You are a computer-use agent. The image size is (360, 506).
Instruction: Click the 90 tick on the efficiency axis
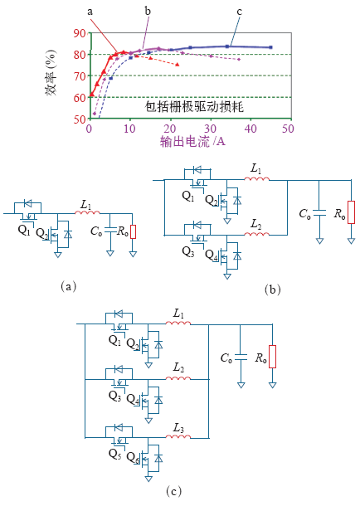[79, 33]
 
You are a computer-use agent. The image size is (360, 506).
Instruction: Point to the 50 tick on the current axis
[288, 129]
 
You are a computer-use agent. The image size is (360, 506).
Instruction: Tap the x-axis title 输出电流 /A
[192, 141]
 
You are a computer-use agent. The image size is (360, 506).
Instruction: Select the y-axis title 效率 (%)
[51, 73]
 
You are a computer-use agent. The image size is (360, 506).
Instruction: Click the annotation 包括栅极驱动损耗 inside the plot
[194, 107]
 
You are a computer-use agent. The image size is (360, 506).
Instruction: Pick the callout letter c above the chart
[239, 12]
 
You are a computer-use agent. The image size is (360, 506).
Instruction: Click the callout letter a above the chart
[90, 12]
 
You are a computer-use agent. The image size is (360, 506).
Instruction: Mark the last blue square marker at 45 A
[270, 47]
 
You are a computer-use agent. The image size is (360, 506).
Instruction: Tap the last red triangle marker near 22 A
[178, 65]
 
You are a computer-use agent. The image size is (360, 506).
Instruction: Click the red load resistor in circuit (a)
[133, 231]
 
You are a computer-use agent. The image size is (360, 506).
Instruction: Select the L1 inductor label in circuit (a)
[85, 205]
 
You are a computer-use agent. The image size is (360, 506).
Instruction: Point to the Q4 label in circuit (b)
[212, 255]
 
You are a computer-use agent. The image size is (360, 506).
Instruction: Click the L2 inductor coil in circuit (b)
[256, 234]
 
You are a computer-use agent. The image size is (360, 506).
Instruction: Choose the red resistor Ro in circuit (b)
[352, 212]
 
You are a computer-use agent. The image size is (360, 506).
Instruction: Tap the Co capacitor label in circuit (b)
[305, 214]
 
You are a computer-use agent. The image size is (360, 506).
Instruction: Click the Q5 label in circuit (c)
[115, 454]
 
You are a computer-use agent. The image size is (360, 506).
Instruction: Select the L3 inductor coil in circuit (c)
[178, 436]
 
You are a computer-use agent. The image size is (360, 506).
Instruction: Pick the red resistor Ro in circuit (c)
[273, 357]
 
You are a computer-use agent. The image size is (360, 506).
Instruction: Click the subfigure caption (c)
[173, 491]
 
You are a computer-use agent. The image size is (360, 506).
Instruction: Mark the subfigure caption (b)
[273, 289]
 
